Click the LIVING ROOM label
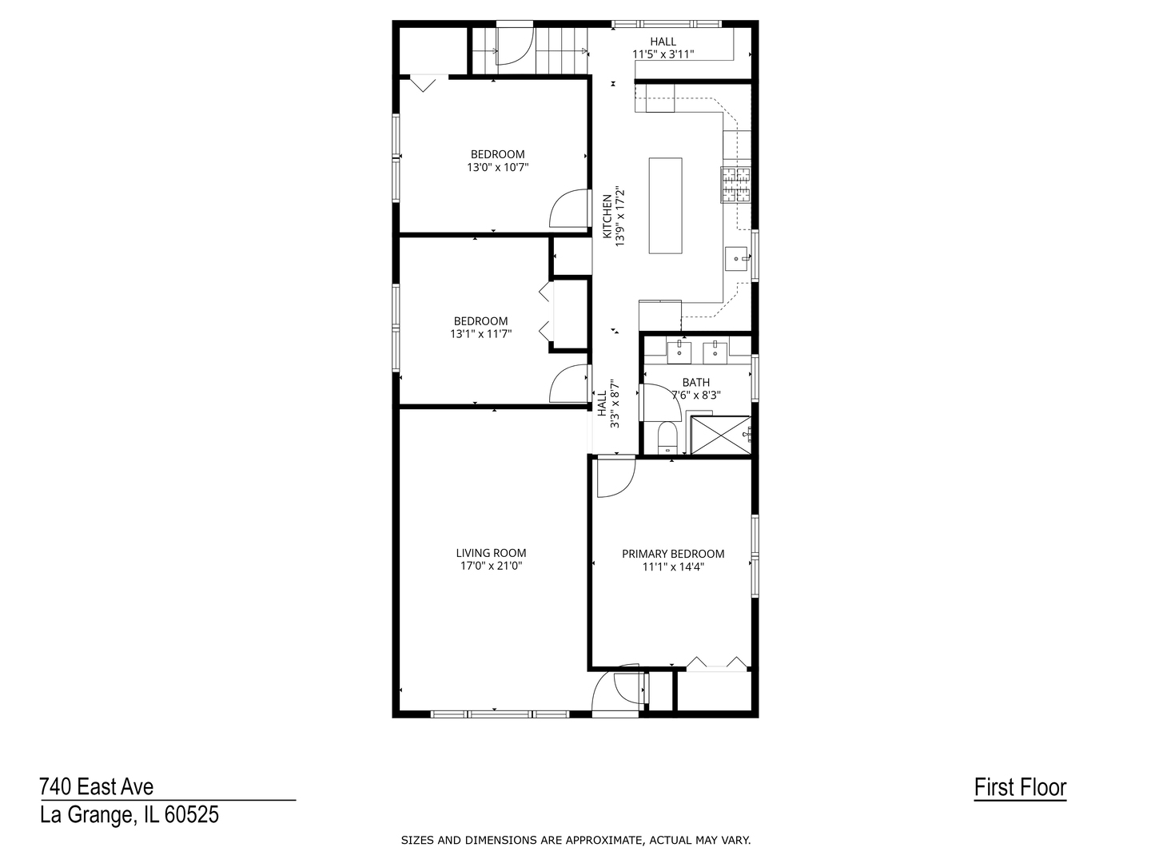(491, 553)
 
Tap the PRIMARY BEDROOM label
(673, 554)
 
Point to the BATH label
(695, 383)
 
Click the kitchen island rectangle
(665, 205)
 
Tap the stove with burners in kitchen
(736, 185)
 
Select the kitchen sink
(736, 258)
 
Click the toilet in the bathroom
(667, 439)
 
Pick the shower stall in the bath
(720, 435)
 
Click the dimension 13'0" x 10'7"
(497, 168)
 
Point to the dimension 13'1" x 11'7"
(480, 334)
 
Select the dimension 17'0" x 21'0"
(491, 566)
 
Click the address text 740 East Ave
(97, 787)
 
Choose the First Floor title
(1020, 787)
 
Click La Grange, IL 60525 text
(129, 815)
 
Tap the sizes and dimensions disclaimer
(575, 840)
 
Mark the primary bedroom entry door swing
(614, 477)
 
